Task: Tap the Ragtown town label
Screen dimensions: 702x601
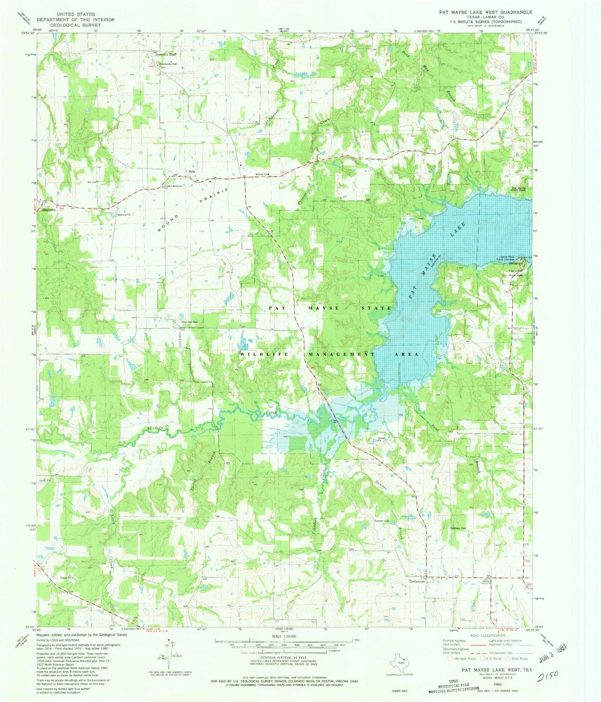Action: click(49, 210)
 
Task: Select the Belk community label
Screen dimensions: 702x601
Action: click(192, 171)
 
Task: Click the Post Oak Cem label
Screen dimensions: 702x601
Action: click(189, 322)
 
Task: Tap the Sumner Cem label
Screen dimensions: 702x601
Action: click(382, 521)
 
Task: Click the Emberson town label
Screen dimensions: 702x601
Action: click(417, 581)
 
